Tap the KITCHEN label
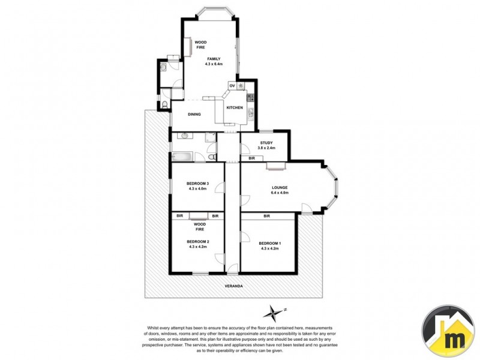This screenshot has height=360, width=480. point(234,107)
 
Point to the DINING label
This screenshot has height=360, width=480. point(194,114)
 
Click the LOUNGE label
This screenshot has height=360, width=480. point(280,187)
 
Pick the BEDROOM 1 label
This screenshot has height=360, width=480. point(269,242)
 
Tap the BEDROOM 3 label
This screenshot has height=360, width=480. point(197,184)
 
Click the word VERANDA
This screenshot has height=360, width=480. point(233,286)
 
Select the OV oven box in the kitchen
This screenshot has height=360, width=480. point(232,86)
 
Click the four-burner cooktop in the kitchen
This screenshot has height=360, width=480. point(241,86)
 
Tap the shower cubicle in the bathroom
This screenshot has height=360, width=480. point(210,138)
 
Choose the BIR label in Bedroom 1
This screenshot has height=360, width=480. point(266,216)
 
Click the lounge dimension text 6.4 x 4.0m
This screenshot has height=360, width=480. point(280,193)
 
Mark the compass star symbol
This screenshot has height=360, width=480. point(274,312)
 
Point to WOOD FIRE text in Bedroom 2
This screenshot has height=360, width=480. point(200,227)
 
